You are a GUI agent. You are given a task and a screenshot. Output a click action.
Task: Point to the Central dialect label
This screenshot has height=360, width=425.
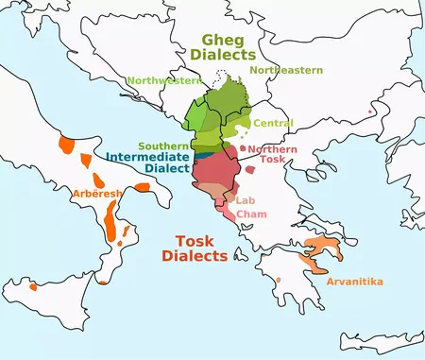274,123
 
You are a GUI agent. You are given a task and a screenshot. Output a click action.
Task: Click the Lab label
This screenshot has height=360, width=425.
246,200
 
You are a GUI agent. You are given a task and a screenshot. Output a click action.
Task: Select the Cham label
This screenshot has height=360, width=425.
250,214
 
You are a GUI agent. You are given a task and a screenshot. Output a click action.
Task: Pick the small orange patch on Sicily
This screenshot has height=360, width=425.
35,285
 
